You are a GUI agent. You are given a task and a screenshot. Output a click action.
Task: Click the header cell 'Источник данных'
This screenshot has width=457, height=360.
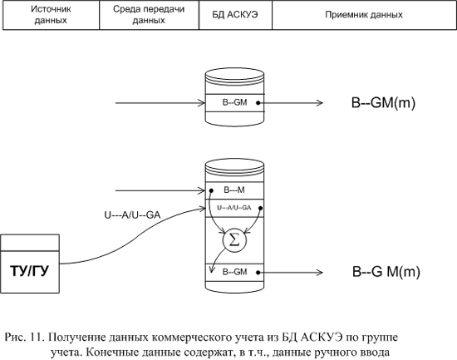coord(51,15)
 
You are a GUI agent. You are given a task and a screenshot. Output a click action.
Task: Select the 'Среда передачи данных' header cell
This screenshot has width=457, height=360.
coord(149,15)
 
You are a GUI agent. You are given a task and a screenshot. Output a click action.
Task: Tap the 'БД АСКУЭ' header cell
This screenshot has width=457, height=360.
coord(235,15)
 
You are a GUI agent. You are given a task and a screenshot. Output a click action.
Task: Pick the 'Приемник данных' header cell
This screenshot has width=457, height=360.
coord(364,15)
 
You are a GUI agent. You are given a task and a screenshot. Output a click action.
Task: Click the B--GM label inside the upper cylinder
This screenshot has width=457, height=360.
coord(234,103)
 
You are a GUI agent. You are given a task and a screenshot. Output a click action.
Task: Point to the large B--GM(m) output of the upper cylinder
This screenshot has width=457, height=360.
coord(383,103)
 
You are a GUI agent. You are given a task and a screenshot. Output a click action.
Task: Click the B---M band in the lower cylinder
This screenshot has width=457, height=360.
coord(234,190)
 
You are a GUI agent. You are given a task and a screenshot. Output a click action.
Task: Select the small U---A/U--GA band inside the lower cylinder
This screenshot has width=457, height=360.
coord(234,208)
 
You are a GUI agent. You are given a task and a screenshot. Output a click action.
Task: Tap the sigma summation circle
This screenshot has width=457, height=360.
coord(234,240)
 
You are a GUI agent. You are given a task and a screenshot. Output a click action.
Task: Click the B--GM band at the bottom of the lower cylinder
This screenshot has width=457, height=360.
coord(234,272)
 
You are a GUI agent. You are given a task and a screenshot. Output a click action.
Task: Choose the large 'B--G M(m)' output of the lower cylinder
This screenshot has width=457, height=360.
coord(386,272)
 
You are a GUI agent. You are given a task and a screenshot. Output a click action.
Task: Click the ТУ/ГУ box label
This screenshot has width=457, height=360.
coord(29,271)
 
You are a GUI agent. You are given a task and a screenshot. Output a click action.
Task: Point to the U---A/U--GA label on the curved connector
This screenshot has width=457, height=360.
coord(132,215)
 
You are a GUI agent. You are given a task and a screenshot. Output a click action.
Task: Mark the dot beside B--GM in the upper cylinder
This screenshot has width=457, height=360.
coord(258,103)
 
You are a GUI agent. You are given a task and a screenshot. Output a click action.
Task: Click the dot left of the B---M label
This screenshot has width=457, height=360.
coord(212,190)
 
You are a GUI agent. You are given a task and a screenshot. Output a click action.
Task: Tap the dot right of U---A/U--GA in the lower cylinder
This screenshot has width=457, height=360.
coord(261,208)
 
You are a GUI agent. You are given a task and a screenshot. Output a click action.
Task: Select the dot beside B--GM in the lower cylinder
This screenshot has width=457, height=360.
coord(258,273)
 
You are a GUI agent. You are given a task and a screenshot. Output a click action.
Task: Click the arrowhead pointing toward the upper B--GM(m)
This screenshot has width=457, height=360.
coord(320,103)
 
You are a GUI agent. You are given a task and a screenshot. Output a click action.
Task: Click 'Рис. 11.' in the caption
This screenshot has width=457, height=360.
coord(24,338)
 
